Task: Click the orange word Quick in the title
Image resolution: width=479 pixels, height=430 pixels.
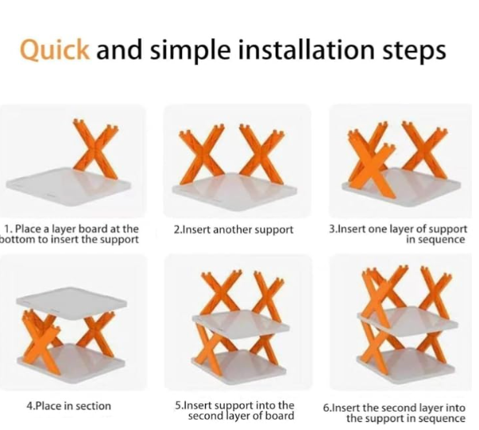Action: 55,50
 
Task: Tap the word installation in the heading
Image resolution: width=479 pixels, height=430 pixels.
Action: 306,49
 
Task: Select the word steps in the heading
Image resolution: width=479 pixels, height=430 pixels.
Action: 414,52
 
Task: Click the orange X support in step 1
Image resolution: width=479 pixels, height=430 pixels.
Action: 95,148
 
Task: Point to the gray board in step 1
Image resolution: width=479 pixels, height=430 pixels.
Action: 68,186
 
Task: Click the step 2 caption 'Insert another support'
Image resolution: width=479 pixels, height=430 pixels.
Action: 234,229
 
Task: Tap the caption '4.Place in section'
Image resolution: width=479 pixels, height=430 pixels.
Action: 69,406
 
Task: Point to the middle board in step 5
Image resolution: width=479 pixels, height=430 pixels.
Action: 241,324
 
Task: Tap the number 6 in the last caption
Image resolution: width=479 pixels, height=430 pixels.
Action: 326,408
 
